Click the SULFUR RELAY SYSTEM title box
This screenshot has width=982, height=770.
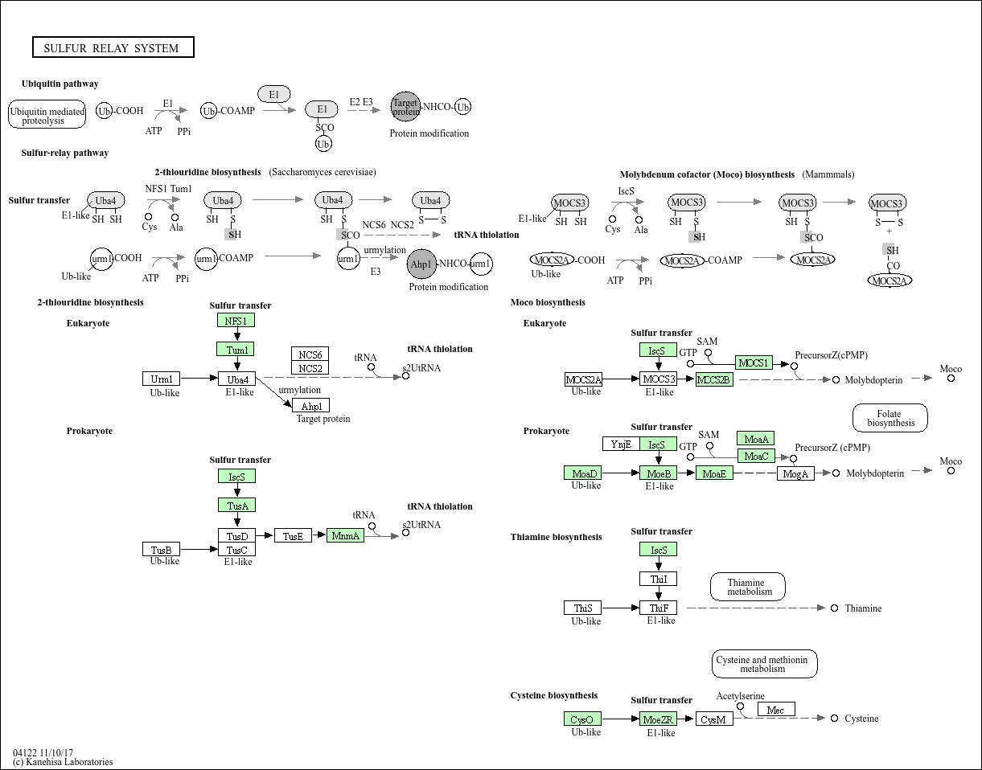(113, 47)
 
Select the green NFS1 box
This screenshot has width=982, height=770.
(236, 321)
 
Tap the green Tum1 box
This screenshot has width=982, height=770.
(236, 350)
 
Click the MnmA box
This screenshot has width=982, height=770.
(346, 535)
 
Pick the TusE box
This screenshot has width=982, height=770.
(293, 535)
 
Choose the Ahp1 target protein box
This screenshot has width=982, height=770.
(311, 406)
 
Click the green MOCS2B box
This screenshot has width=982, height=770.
(714, 379)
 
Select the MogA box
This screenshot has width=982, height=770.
(795, 473)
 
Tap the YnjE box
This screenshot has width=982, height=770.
(621, 444)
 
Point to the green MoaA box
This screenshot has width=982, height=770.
(756, 439)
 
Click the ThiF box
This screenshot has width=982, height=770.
(659, 608)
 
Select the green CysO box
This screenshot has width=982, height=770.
(582, 719)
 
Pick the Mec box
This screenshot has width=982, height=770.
(776, 710)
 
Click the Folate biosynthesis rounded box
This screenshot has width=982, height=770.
(890, 418)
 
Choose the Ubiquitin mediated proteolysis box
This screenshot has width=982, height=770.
(47, 115)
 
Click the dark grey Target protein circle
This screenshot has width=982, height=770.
(405, 106)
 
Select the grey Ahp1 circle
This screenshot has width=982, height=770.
(421, 264)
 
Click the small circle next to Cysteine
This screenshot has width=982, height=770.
(835, 719)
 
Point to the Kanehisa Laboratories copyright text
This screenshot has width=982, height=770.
(63, 762)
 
